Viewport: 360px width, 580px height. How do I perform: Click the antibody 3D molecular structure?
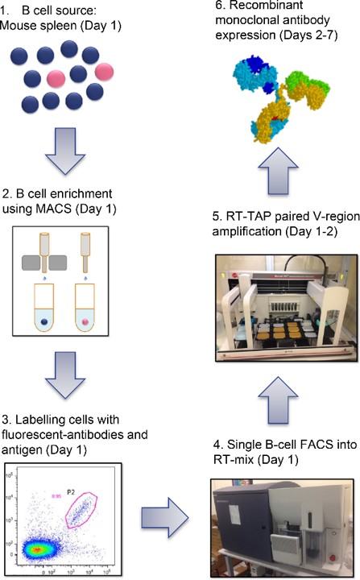click(x=276, y=101)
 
